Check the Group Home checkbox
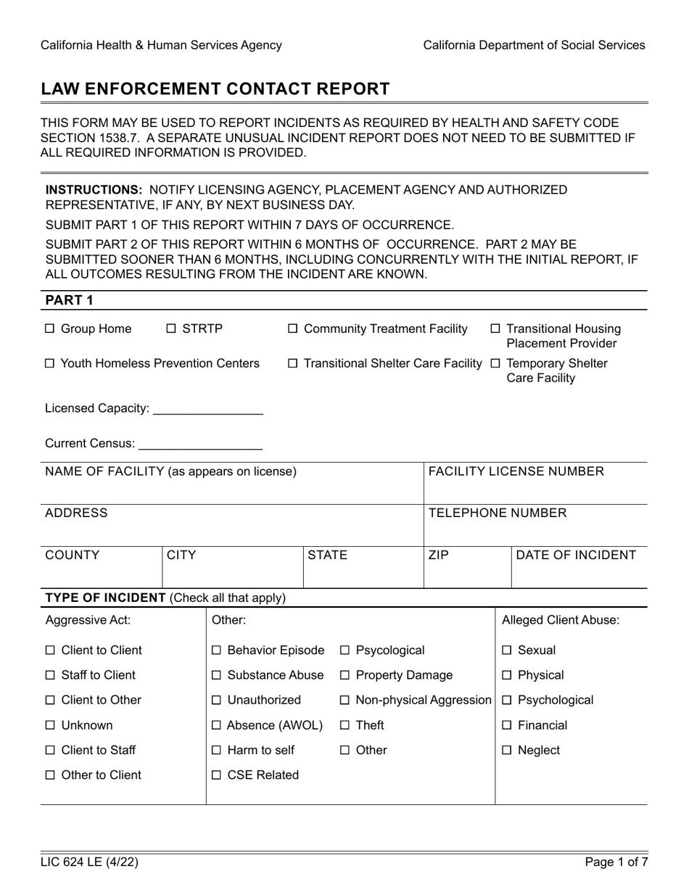(50, 329)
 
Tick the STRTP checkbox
(171, 329)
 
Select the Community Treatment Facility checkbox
(293, 329)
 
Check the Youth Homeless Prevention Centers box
(50, 363)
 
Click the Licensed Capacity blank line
(208, 409)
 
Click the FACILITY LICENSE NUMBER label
(516, 472)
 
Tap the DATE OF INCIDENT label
(576, 556)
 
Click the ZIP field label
(439, 556)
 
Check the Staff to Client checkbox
(50, 676)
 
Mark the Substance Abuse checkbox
(216, 676)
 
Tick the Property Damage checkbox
(345, 676)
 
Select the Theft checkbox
(345, 725)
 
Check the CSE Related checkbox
(216, 775)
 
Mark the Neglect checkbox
(508, 751)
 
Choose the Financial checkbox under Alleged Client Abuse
(508, 725)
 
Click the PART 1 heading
(69, 300)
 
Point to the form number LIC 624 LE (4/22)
(89, 863)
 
